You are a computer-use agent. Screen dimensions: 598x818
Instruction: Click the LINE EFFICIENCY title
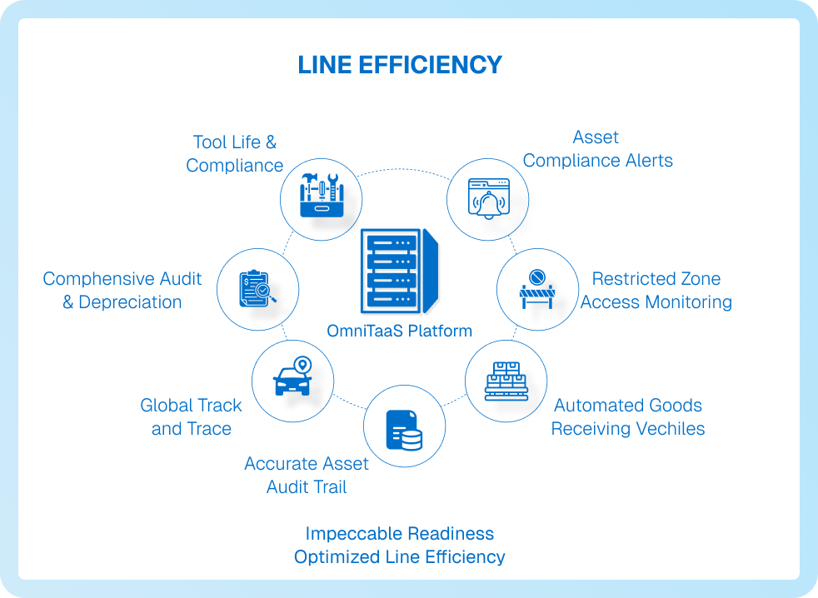pos(400,65)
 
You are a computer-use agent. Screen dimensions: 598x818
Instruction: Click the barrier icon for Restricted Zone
pos(537,288)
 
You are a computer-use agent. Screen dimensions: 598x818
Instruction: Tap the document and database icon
pos(404,428)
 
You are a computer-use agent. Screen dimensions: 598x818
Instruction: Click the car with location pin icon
pos(292,378)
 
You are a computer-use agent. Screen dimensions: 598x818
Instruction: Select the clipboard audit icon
pos(257,288)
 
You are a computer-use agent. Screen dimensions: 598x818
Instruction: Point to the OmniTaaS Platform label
pos(400,331)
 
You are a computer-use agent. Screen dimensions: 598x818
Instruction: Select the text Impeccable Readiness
pos(400,533)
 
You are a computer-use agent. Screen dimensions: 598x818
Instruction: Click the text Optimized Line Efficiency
pos(400,556)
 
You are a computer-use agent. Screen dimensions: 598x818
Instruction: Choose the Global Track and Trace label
pos(192,417)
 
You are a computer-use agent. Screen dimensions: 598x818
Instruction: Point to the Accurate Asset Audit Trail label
pos(307,476)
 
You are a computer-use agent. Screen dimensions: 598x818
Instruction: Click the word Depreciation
pos(130,302)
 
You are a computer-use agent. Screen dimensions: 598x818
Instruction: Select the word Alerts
pos(643,161)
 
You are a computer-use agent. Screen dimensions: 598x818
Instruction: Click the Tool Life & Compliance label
pos(235,154)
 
